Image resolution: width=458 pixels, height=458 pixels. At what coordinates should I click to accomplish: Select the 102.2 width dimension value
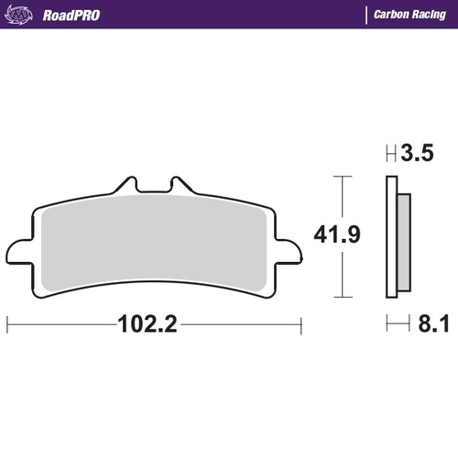[146, 324]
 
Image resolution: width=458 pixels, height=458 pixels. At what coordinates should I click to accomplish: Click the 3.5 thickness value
[416, 154]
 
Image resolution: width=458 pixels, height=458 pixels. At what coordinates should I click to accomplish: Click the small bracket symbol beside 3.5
[391, 154]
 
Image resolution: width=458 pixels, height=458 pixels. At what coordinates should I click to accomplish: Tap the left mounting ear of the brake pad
[18, 251]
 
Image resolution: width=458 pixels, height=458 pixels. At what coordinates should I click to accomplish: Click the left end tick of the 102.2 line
[8, 324]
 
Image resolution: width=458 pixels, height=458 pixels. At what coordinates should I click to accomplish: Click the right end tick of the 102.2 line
[300, 324]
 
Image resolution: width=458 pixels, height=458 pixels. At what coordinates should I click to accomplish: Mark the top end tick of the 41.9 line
[341, 177]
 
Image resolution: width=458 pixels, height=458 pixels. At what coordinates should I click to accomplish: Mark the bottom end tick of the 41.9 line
[341, 297]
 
